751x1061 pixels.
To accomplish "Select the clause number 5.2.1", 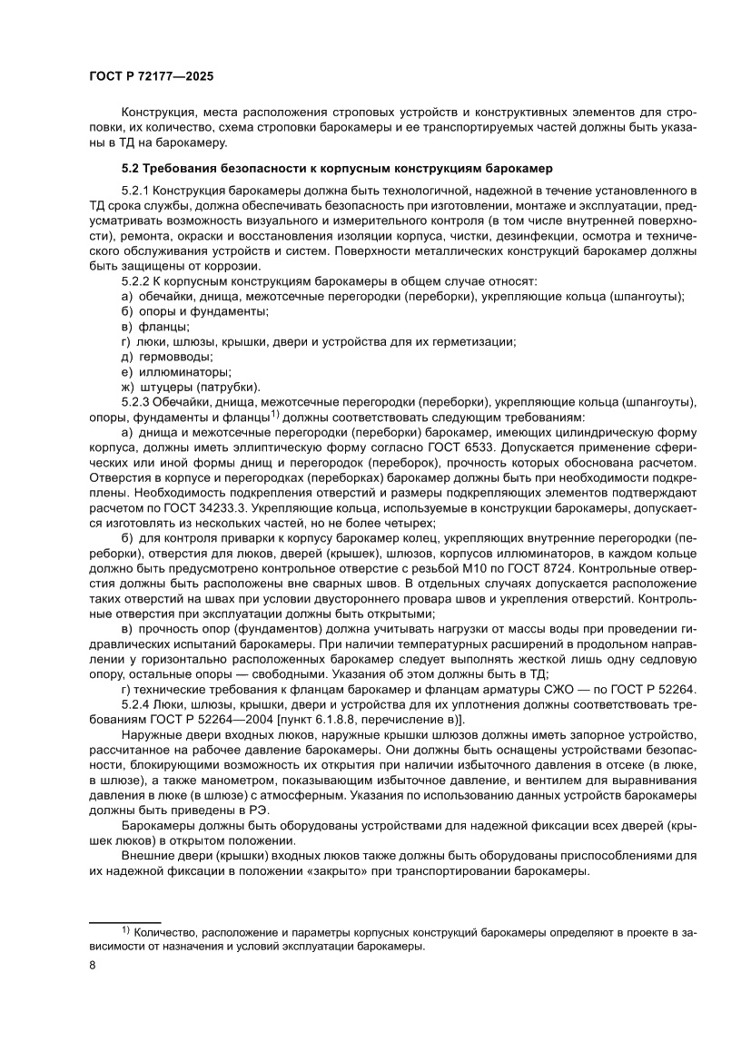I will (138, 191).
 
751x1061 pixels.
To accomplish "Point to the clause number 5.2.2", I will (138, 281).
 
